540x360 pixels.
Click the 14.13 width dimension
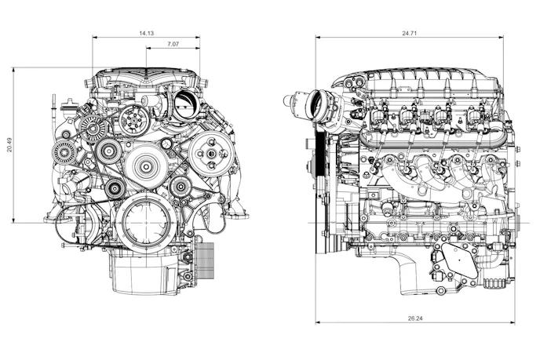tap(146, 33)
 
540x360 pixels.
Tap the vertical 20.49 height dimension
tap(9, 145)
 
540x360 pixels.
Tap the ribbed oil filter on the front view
tap(204, 262)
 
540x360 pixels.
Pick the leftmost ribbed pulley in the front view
tap(64, 152)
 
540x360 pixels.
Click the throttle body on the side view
tap(320, 104)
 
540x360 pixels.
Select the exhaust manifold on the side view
tap(428, 171)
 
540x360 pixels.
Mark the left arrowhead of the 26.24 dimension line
tap(318, 322)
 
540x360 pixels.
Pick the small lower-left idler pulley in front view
tap(115, 187)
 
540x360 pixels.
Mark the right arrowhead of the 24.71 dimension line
tap(500, 37)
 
